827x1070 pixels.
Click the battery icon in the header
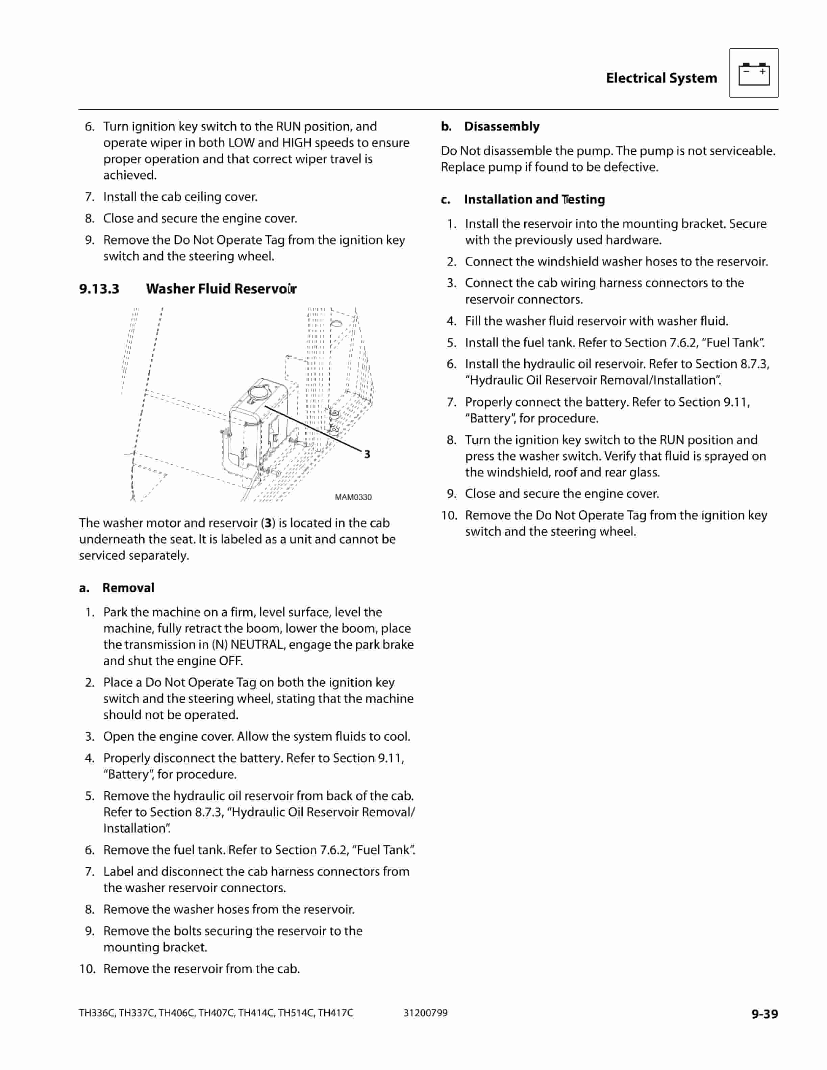[x=753, y=74]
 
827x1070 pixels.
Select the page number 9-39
[x=764, y=1014]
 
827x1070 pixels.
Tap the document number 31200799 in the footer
[x=425, y=1013]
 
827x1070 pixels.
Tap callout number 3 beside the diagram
[x=367, y=454]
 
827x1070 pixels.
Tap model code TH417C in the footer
[x=335, y=1013]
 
